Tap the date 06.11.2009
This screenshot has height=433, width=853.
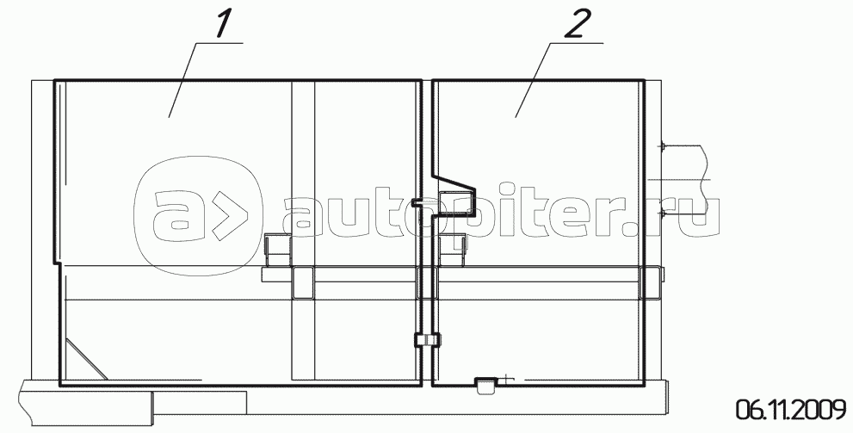coord(792,409)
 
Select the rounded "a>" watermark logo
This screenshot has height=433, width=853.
coord(199,218)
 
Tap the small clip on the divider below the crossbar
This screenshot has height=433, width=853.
coord(427,340)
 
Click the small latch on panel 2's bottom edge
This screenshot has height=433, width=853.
coord(485,385)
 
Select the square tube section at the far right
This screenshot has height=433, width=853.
coord(650,282)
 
